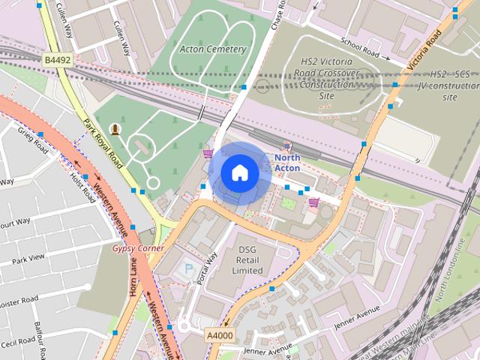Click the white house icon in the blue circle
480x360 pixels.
point(239,173)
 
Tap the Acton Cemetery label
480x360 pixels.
point(213,49)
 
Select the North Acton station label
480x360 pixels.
point(287,163)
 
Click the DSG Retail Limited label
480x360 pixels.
point(247,259)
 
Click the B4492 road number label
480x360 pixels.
point(56,59)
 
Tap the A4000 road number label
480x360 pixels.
point(220,334)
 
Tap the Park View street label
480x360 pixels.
point(28,259)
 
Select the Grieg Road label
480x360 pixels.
point(34,140)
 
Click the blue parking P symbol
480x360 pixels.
point(187,268)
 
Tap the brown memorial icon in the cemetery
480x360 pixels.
point(115,128)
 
